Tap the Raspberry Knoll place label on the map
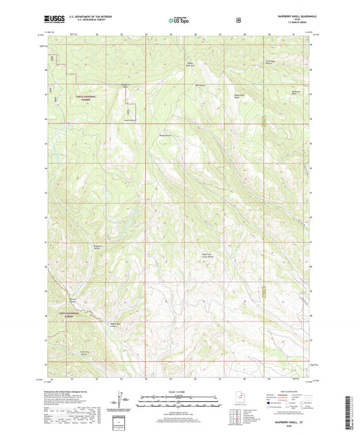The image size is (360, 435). point(124,86)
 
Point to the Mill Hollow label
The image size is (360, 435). point(199,86)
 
